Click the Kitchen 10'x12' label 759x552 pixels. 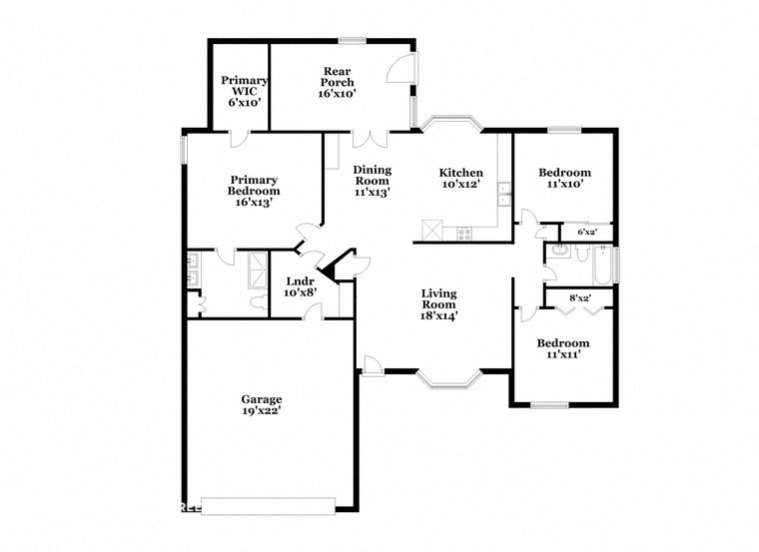click(462, 179)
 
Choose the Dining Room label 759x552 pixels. click(372, 181)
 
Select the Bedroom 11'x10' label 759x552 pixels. click(564, 178)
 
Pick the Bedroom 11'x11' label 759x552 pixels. click(562, 348)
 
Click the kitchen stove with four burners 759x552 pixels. click(464, 234)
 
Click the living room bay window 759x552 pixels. click(448, 378)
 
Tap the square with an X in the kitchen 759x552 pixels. click(430, 230)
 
